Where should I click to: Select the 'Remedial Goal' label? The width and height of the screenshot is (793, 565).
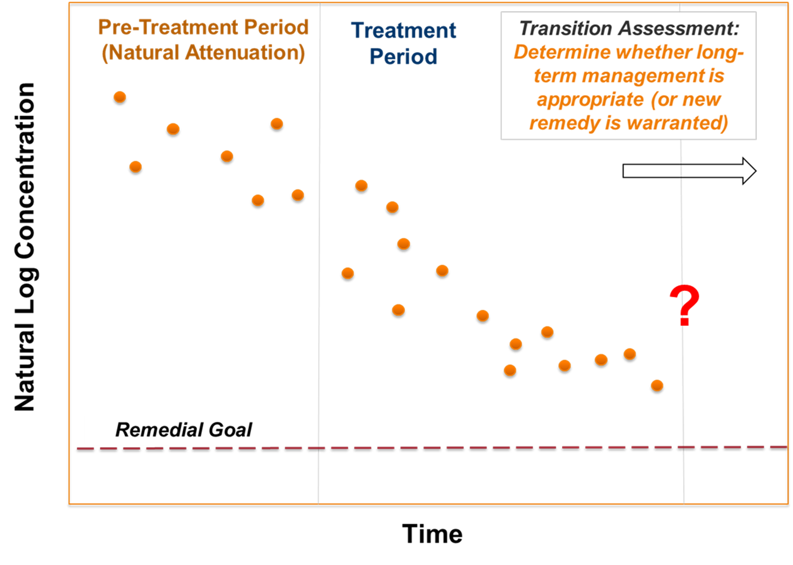coord(184,430)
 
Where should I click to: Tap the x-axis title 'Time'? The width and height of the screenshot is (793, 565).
coord(432,534)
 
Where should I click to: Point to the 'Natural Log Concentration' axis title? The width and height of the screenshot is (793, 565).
coord(24,247)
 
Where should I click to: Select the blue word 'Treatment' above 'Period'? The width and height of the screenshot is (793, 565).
coord(404,31)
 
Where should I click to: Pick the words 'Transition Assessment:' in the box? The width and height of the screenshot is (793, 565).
coord(629,28)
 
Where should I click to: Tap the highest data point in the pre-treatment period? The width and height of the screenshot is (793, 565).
coord(120,97)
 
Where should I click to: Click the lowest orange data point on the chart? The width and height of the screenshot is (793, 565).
coord(657,385)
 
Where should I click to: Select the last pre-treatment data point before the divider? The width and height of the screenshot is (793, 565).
coord(298,195)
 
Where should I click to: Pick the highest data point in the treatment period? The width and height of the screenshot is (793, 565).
coord(361,185)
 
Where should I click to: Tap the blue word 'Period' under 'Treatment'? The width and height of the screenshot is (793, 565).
coord(403,57)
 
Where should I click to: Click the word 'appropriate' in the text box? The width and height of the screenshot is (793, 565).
coord(590,99)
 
